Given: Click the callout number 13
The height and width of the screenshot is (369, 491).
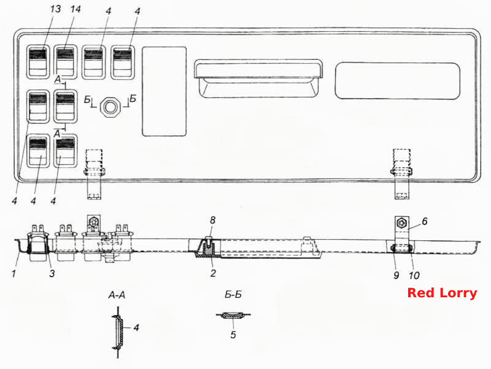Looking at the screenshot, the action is point(55,9).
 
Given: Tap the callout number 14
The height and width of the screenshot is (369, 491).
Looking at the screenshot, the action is point(75,9).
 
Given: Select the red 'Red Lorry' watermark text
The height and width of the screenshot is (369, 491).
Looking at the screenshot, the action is point(442,293).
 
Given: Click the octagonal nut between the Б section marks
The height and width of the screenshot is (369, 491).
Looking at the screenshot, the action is point(110,107).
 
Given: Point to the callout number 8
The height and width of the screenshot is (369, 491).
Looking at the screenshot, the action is point(213,220).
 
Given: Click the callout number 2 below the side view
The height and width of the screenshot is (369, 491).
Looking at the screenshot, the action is point(213,273).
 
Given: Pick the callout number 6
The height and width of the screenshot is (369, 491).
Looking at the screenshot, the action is point(425,221).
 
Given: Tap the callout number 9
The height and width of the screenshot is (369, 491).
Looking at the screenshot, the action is point(396,275).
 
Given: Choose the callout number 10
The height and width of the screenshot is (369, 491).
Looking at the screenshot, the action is point(414,275).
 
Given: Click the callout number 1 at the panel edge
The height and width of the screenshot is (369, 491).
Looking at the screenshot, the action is point(14,274).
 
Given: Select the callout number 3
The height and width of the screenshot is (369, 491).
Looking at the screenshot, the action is point(52,273).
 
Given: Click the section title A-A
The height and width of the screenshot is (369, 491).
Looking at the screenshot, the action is point(117,295).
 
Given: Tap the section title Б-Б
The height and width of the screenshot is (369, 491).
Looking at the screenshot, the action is point(233,294).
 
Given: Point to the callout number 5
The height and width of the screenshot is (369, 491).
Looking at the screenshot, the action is point(233,335).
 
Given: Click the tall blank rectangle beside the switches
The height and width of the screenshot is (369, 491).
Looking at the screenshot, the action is point(164,91).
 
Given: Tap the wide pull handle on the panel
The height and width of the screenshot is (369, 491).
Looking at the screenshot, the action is point(258,78).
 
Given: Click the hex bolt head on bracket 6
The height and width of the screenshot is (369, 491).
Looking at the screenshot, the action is point(401,223).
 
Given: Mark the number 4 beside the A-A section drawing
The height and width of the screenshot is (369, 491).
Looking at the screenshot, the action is point(136,328).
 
